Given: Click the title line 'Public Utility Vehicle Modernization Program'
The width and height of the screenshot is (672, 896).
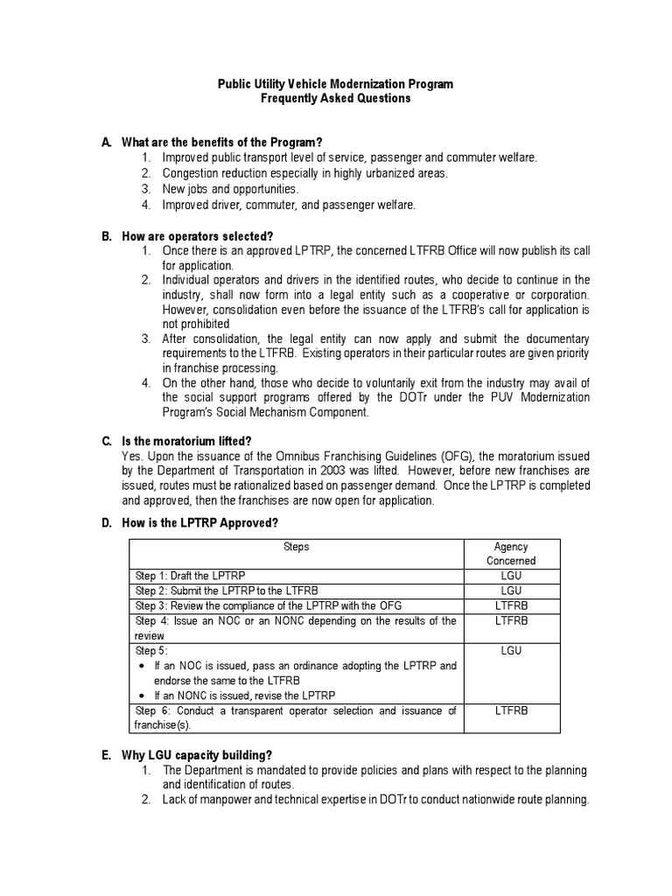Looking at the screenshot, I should click(336, 84).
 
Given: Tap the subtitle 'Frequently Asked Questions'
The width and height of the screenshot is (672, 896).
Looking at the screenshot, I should click(336, 99).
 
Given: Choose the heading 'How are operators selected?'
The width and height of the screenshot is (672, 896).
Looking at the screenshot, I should click(197, 236).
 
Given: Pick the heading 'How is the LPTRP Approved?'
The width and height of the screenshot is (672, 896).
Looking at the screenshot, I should click(199, 523).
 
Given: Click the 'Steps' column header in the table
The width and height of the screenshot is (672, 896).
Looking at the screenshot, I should click(296, 547).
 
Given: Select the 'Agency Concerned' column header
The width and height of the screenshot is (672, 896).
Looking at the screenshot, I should click(511, 554).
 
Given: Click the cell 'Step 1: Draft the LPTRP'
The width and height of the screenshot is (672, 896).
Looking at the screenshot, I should click(190, 577).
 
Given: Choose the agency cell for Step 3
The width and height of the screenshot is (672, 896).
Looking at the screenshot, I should click(511, 605).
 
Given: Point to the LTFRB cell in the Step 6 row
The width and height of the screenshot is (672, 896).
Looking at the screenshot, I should click(511, 710).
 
